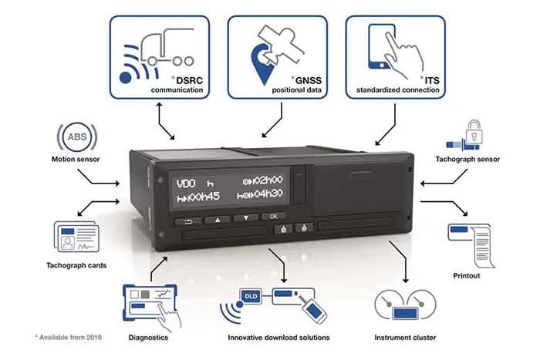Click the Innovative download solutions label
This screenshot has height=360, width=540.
click(x=278, y=337)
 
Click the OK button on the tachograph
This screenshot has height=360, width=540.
click(x=272, y=217)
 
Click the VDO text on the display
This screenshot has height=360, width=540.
click(x=186, y=183)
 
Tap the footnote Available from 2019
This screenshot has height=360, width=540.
click(x=68, y=338)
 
